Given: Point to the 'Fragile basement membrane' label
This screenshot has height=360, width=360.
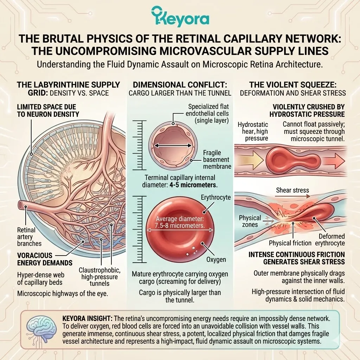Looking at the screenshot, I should click(214, 159).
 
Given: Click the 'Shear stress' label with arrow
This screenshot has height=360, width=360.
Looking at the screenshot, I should click(292, 190).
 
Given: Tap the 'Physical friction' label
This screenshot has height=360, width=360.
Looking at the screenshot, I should click(290, 243).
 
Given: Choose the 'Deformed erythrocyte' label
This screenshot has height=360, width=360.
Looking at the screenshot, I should click(332, 240).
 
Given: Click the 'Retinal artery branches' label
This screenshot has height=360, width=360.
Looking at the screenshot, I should click(29, 237).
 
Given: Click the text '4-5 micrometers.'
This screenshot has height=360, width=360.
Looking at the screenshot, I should click(195, 185).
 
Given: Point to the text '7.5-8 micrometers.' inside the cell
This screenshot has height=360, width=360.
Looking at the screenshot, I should click(180, 225).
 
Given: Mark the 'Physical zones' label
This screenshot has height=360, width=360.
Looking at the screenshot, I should click(250, 221).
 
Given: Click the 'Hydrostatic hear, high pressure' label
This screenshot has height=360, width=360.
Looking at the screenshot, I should click(253, 131).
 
